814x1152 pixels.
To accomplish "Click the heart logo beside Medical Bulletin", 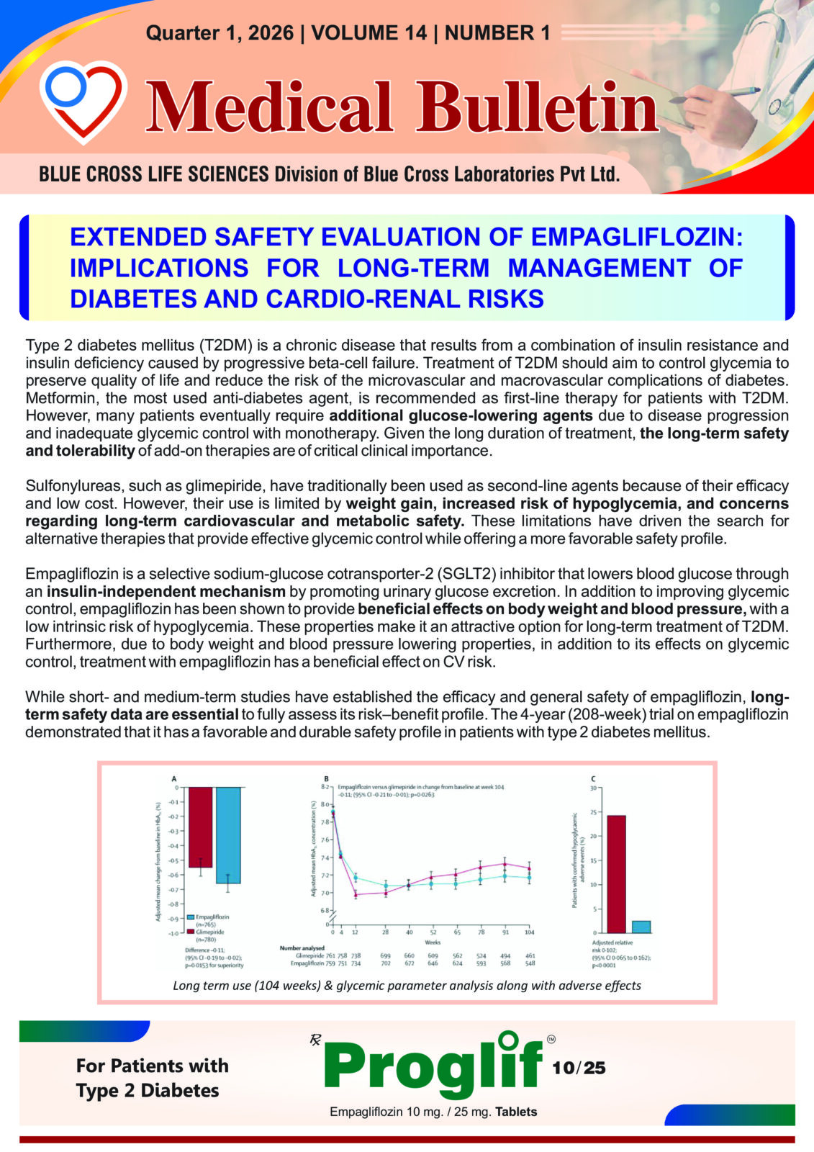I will point(83,100).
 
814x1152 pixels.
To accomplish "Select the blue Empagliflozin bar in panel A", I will point(228,835).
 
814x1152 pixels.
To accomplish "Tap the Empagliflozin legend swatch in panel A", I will point(191,917).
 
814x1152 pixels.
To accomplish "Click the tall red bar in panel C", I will point(617,874).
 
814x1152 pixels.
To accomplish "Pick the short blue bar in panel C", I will point(641,927).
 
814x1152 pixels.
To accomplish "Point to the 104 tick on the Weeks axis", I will point(530,932).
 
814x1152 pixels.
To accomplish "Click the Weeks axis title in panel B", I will point(432,942).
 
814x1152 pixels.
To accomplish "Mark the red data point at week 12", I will point(356,894).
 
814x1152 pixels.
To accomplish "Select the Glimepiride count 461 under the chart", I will point(530,956).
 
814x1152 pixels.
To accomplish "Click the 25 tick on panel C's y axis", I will point(594,812).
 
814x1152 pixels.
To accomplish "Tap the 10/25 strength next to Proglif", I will point(579,1068).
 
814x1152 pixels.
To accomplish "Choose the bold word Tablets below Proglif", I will point(516,1112).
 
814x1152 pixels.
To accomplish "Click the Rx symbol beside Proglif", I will point(315,1040).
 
